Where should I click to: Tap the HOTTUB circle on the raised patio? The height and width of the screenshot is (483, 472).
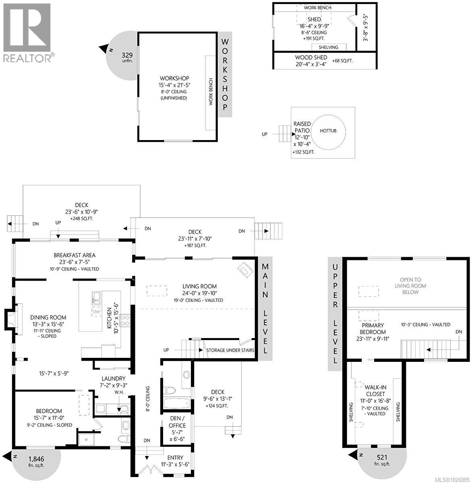[x=328, y=131]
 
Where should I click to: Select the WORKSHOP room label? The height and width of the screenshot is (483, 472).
[x=174, y=78]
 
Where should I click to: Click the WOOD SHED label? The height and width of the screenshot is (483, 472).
[x=311, y=58]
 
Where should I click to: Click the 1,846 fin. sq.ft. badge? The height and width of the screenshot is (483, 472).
[x=36, y=461]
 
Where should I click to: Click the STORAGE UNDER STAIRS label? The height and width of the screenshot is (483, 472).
[x=230, y=350]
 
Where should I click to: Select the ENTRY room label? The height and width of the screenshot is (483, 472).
[x=175, y=458]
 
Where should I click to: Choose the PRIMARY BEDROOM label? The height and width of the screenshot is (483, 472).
[x=373, y=328]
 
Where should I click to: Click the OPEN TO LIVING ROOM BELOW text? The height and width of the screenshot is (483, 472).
[x=410, y=286]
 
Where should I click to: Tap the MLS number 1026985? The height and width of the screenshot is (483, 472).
[x=455, y=479]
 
